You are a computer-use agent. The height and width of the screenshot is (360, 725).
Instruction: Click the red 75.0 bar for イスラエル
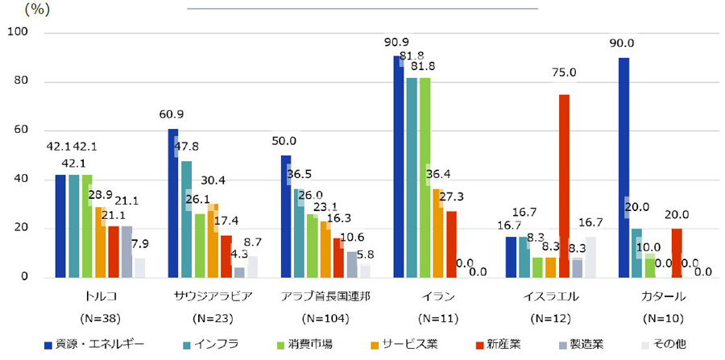(x=564, y=186)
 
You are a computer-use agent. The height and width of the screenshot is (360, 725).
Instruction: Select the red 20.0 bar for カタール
(x=677, y=253)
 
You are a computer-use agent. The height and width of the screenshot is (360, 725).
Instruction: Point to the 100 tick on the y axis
(x=18, y=32)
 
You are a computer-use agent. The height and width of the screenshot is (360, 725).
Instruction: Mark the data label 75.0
(x=564, y=72)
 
